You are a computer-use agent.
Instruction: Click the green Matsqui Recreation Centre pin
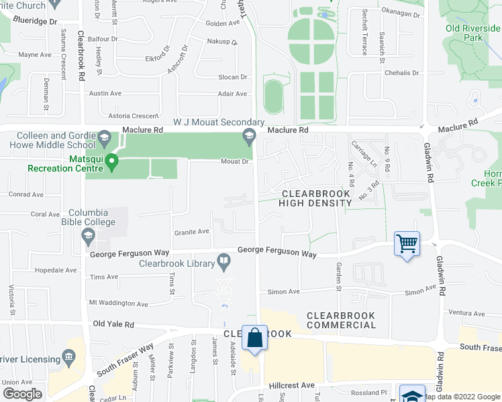[112, 161]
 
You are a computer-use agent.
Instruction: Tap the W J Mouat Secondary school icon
[249, 137]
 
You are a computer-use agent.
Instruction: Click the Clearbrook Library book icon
[223, 259]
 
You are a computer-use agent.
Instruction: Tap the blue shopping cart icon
[407, 244]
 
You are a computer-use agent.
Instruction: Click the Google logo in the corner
[22, 394]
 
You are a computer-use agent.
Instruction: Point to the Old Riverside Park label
[472, 33]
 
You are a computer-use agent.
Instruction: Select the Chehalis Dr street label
[401, 73]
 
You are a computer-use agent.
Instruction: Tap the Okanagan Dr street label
[401, 14]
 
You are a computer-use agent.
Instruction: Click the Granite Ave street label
[192, 232]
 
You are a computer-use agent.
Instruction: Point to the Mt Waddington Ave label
[118, 304]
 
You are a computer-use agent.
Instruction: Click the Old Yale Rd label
[113, 324]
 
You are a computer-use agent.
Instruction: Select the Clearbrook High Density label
[314, 198]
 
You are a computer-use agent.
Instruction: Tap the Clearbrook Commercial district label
[341, 320]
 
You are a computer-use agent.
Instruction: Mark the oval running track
[272, 98]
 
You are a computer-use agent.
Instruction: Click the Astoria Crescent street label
[128, 116]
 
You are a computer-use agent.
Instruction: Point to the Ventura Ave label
[466, 313]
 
